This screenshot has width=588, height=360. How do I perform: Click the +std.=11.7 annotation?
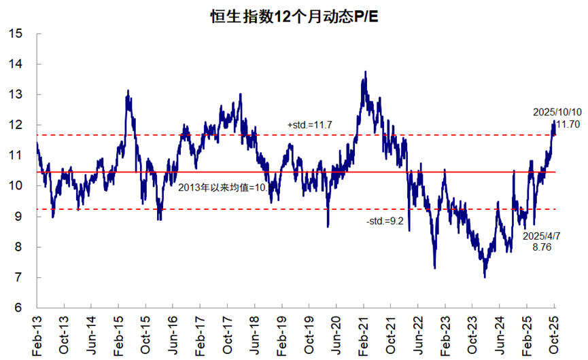[x=309, y=126]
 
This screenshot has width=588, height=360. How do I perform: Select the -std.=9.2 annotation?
[x=385, y=221]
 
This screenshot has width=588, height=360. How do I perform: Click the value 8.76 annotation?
[x=542, y=248]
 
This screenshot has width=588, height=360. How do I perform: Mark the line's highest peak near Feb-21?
[x=366, y=71]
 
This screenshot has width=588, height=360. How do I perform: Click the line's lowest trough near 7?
[x=485, y=276]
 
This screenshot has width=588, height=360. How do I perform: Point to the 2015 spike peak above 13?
[x=128, y=90]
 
